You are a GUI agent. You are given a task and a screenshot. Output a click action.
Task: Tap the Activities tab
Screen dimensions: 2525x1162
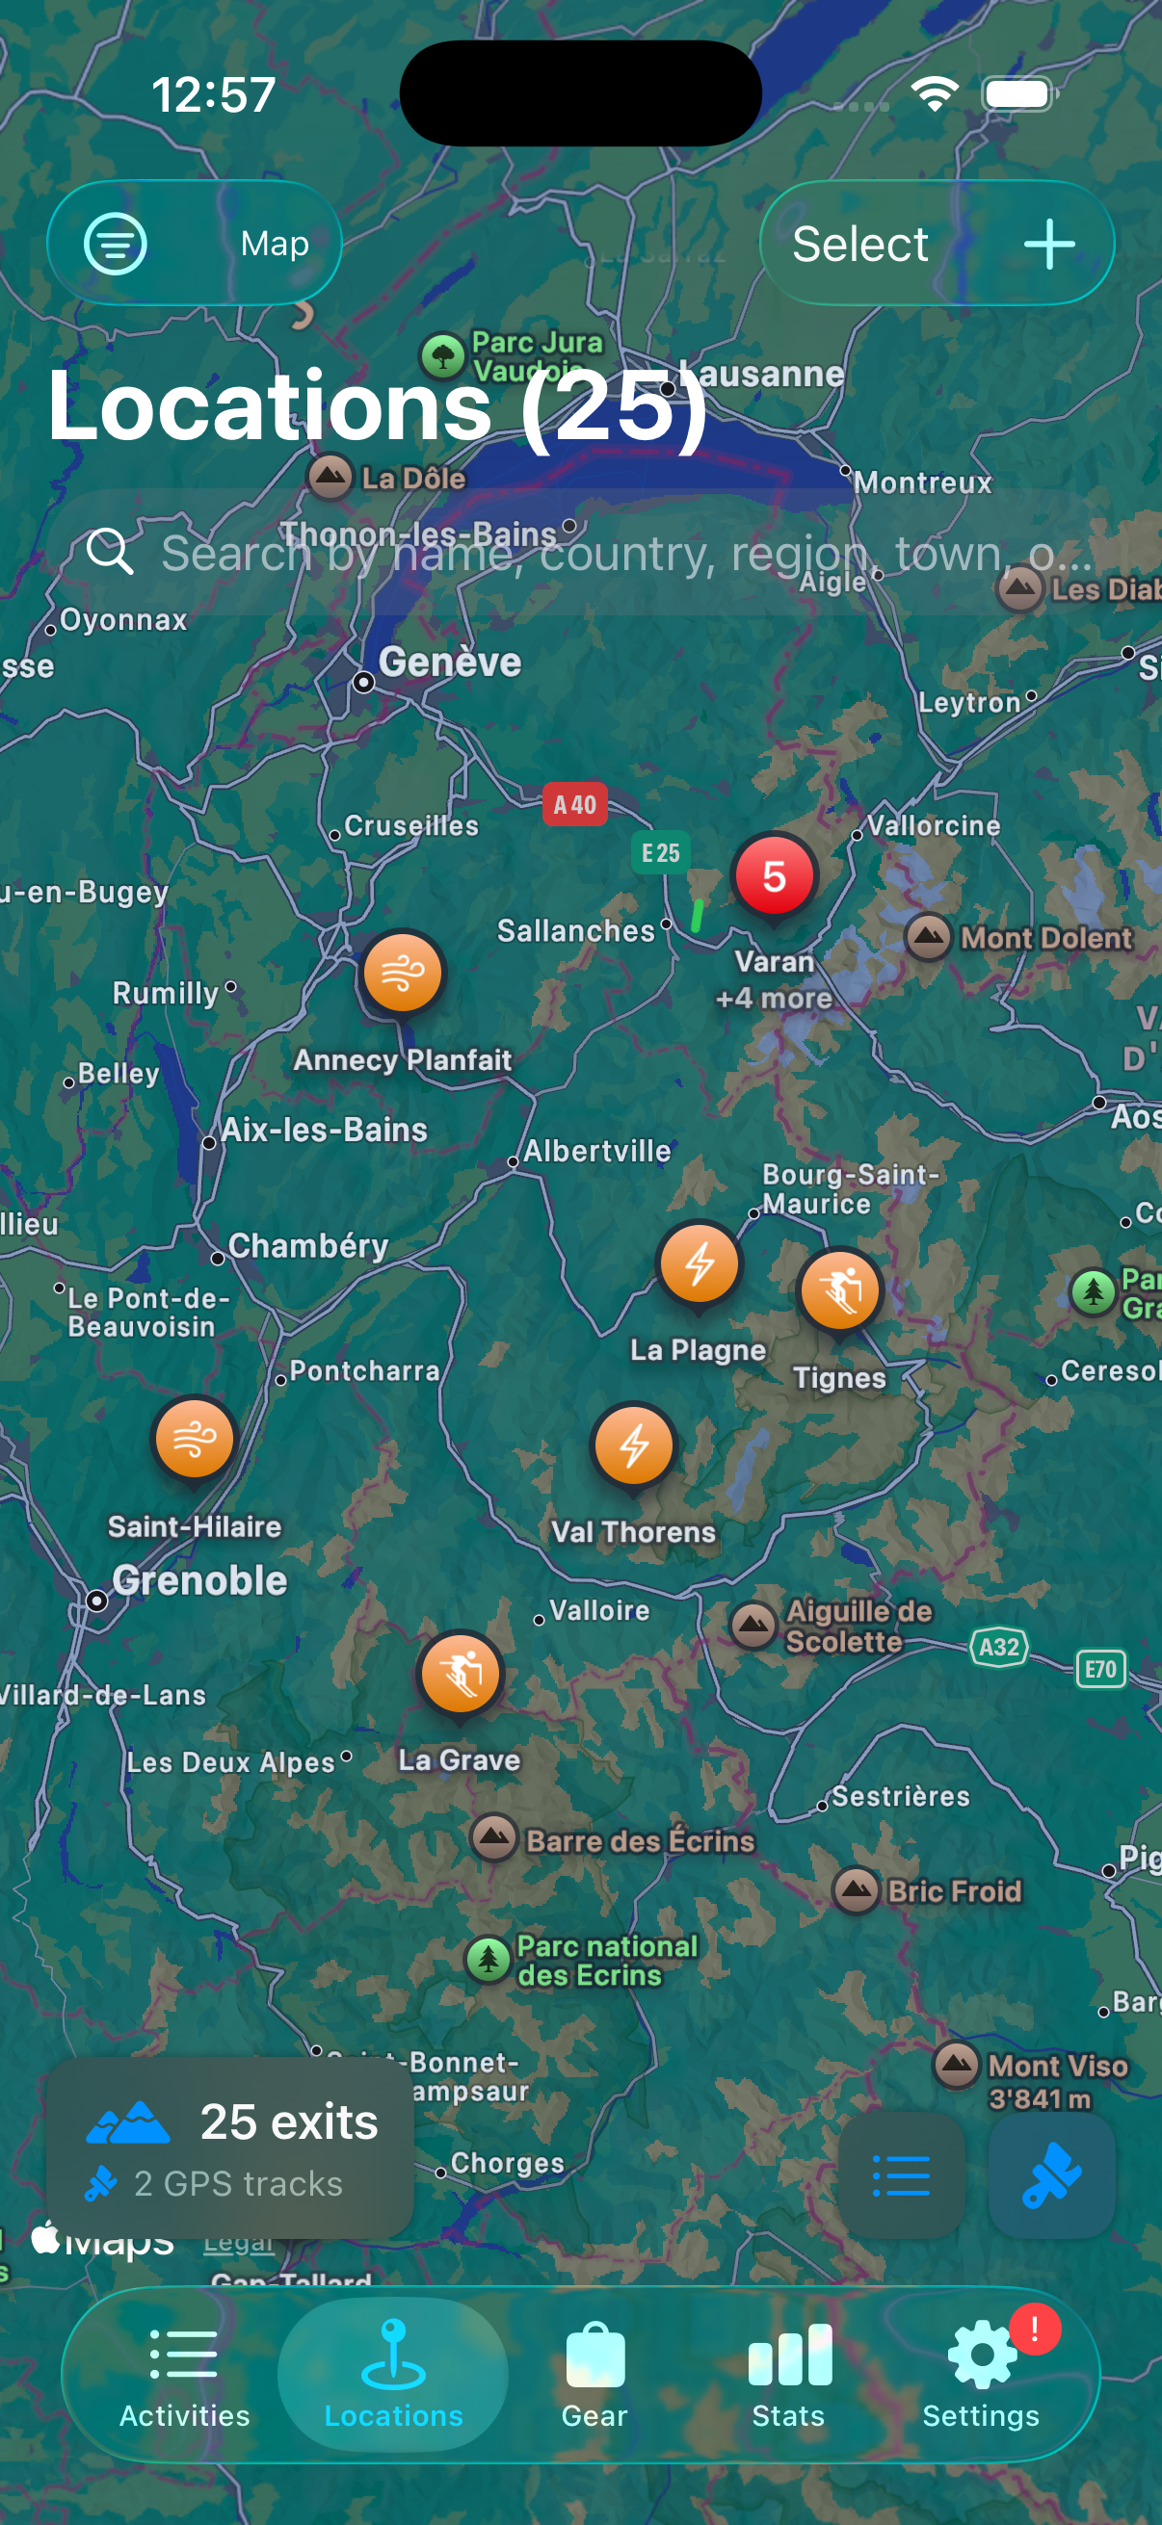click(184, 2373)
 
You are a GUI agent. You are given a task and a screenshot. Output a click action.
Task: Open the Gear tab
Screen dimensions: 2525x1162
click(594, 2373)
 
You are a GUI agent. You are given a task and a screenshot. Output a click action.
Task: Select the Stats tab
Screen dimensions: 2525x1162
click(788, 2373)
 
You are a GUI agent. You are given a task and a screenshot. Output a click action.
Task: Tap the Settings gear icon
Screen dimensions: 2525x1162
click(982, 2356)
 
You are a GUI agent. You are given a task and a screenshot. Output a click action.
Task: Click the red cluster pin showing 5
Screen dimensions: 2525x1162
click(774, 876)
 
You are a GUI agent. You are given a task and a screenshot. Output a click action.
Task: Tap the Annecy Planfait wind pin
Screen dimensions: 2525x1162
click(402, 974)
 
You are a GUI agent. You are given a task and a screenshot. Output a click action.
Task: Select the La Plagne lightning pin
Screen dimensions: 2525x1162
click(699, 1263)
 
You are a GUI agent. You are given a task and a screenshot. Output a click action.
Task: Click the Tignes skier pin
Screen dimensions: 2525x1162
click(840, 1290)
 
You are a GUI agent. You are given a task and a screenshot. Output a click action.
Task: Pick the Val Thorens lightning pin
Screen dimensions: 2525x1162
click(633, 1445)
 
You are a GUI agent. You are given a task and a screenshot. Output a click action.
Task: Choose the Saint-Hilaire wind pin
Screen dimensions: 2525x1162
click(195, 1439)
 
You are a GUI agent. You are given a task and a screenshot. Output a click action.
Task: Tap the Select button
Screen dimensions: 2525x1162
click(860, 244)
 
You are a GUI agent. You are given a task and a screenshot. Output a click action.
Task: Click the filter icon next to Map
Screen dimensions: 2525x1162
click(116, 244)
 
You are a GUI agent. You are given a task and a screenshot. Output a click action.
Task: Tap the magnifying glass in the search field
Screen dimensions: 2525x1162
click(110, 551)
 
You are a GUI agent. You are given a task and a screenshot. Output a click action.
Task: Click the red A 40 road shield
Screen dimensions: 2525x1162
click(574, 805)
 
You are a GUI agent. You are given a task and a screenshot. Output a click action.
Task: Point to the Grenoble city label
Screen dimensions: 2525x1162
click(199, 1580)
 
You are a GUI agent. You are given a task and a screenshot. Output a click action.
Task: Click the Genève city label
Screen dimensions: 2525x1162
click(450, 663)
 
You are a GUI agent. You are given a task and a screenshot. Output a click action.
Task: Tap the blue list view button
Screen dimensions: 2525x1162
click(900, 2175)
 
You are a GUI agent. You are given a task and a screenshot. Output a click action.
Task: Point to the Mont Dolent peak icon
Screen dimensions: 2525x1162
click(928, 937)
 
